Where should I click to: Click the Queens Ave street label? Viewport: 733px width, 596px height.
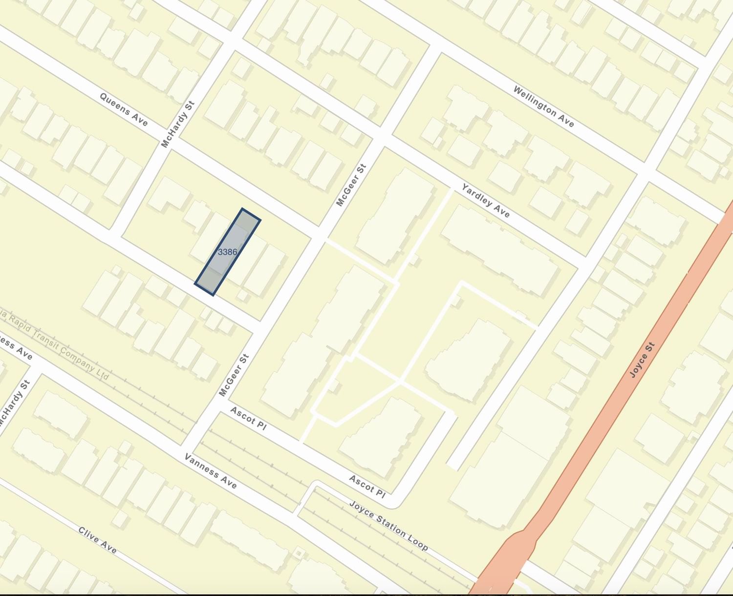point(123,109)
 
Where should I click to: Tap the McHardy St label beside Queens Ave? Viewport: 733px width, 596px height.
point(178,124)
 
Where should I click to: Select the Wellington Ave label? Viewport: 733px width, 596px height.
point(543,106)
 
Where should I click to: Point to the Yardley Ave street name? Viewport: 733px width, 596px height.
point(486,200)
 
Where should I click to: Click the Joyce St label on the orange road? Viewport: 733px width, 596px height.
point(642,360)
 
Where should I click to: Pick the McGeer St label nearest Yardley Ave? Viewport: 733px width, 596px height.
point(351,185)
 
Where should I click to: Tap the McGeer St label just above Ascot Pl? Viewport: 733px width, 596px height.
point(234,375)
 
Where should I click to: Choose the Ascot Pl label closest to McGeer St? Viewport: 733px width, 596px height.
point(248,418)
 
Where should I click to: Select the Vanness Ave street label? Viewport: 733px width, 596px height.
point(210,471)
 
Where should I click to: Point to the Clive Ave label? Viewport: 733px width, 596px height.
point(97,540)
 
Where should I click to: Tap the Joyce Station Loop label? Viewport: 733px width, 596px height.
point(388,525)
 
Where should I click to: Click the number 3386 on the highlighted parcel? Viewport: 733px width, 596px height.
point(227,252)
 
